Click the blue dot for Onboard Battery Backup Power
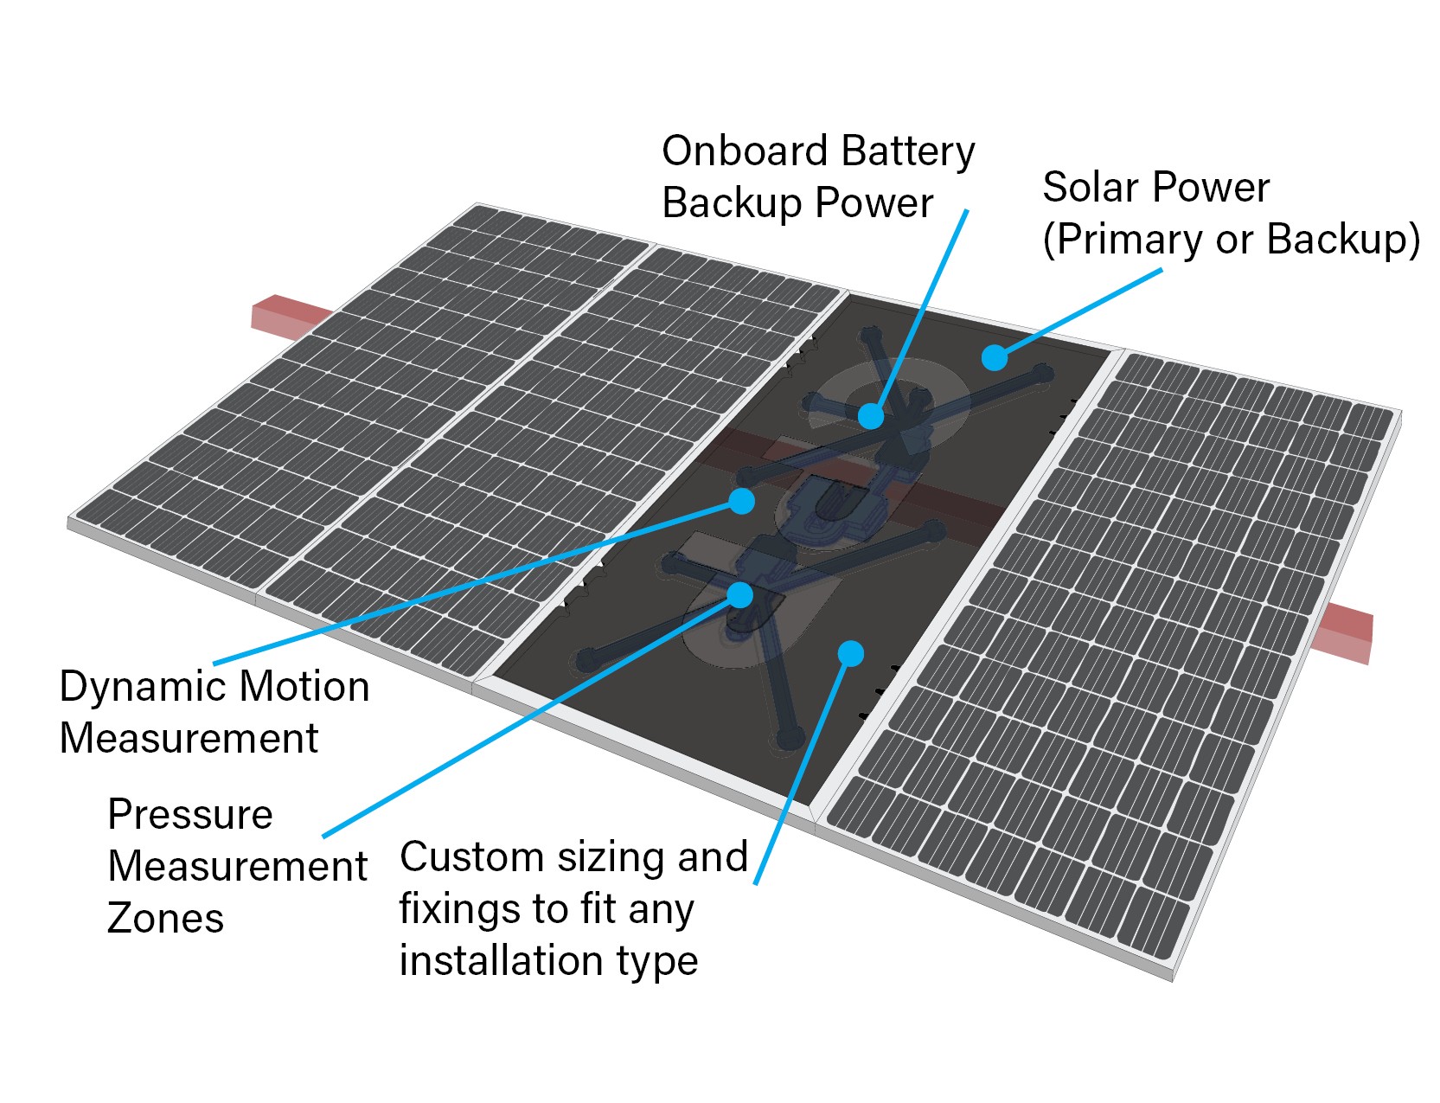coord(871,416)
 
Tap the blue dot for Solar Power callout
coord(995,357)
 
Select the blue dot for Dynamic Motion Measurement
coord(741,501)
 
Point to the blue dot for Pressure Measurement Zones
coord(739,594)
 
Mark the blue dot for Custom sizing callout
coord(851,653)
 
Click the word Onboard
coord(745,151)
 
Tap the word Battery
coord(907,151)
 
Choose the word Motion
coord(304,687)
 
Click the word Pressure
coord(190,815)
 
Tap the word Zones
coord(165,918)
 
